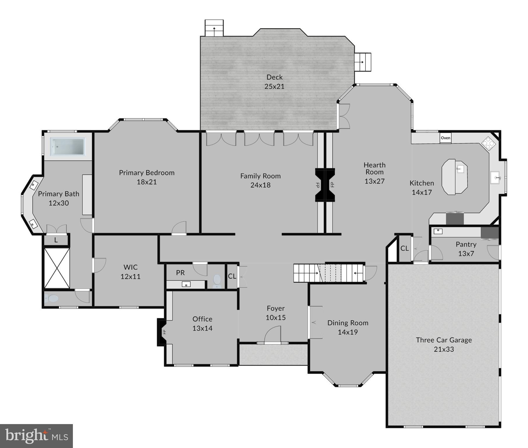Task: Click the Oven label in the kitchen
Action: click(x=445, y=138)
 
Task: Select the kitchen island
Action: click(x=454, y=177)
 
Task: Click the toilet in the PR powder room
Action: click(x=217, y=280)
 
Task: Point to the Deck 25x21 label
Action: click(x=274, y=82)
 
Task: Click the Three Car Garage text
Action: click(x=443, y=340)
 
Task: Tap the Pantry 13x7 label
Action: click(x=466, y=249)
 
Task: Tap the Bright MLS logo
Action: click(x=36, y=436)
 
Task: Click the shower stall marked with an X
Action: click(x=57, y=268)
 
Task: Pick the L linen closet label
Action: click(x=56, y=240)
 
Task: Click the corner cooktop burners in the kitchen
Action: click(x=487, y=143)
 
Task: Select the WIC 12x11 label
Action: click(x=130, y=272)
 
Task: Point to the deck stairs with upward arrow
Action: click(x=214, y=28)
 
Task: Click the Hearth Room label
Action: click(x=374, y=169)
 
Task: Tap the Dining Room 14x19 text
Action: click(x=348, y=327)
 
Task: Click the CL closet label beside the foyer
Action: click(x=232, y=276)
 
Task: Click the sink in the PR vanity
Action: click(x=186, y=284)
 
